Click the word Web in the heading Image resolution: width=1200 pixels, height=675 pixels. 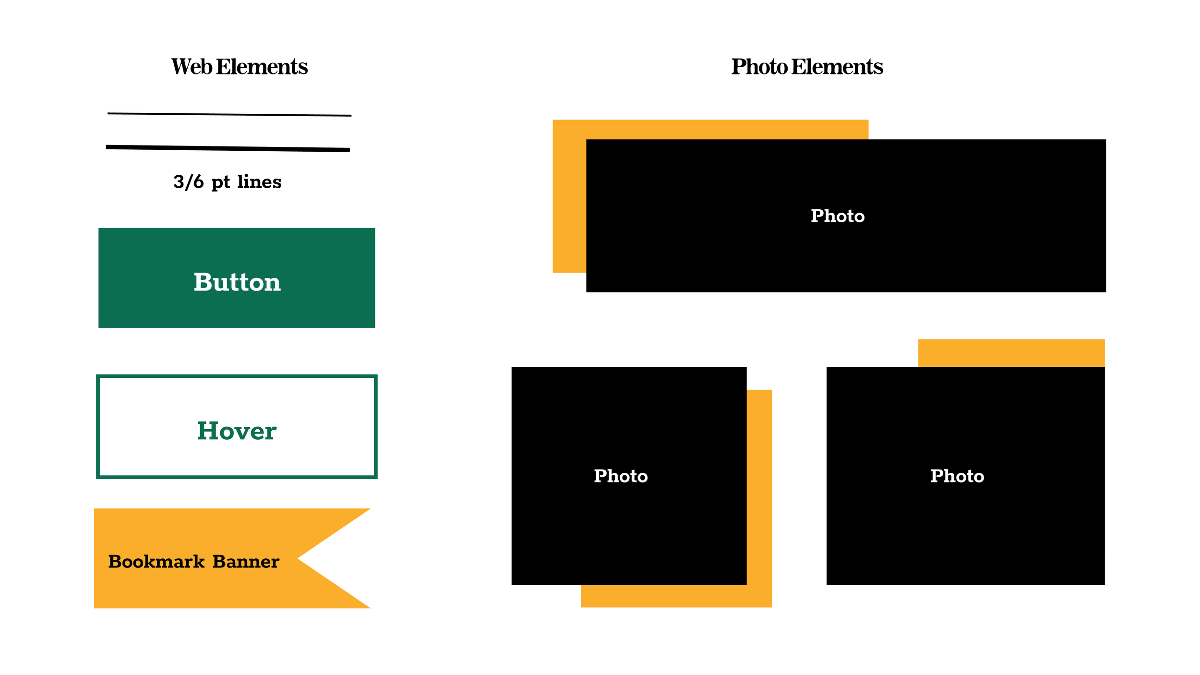(192, 67)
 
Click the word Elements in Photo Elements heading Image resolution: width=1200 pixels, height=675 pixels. (837, 67)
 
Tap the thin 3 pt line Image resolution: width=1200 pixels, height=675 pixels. (229, 115)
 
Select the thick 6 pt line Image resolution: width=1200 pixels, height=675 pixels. (228, 148)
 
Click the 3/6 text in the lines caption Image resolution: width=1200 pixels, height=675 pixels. (189, 182)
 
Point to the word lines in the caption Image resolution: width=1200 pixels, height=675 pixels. (259, 181)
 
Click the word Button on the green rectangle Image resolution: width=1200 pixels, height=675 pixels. (237, 282)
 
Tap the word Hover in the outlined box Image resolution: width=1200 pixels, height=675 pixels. (237, 431)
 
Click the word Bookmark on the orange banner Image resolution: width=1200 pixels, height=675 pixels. (156, 561)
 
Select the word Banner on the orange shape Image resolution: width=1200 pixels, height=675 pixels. (246, 561)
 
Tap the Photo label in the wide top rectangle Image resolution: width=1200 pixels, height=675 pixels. (838, 216)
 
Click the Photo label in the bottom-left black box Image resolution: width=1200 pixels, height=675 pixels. (621, 476)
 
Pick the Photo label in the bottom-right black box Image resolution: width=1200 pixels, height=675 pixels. (957, 476)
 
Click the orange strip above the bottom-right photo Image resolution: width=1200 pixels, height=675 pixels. (1011, 353)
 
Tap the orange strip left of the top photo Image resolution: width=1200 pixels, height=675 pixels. (569, 202)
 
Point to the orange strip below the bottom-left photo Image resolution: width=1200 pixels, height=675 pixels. (672, 596)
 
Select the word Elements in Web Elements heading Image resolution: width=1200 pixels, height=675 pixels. (262, 67)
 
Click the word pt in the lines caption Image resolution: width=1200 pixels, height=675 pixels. (220, 182)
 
